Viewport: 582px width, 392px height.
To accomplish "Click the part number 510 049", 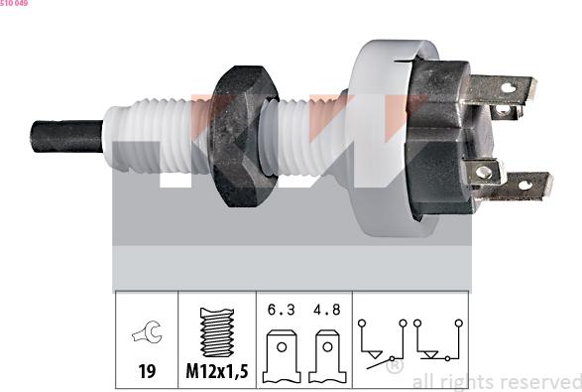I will (x=14, y=4).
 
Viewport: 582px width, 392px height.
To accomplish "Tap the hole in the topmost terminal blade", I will (x=507, y=87).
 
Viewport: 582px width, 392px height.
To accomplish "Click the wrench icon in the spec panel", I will (x=146, y=334).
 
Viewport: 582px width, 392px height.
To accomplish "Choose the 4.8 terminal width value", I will (x=324, y=309).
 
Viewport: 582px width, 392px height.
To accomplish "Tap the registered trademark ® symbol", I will (x=394, y=367).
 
